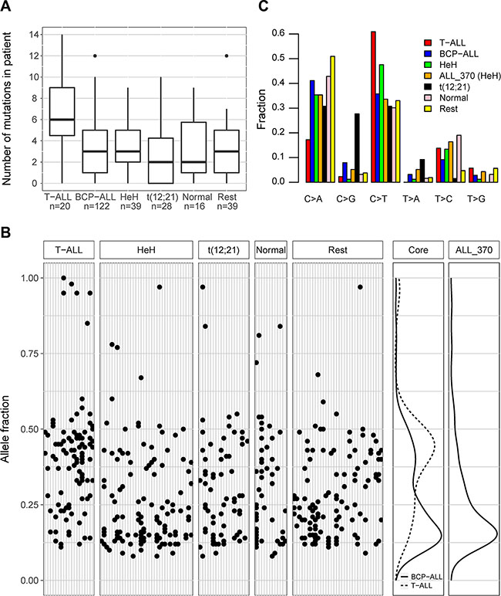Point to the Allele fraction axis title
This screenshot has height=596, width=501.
tap(8, 428)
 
